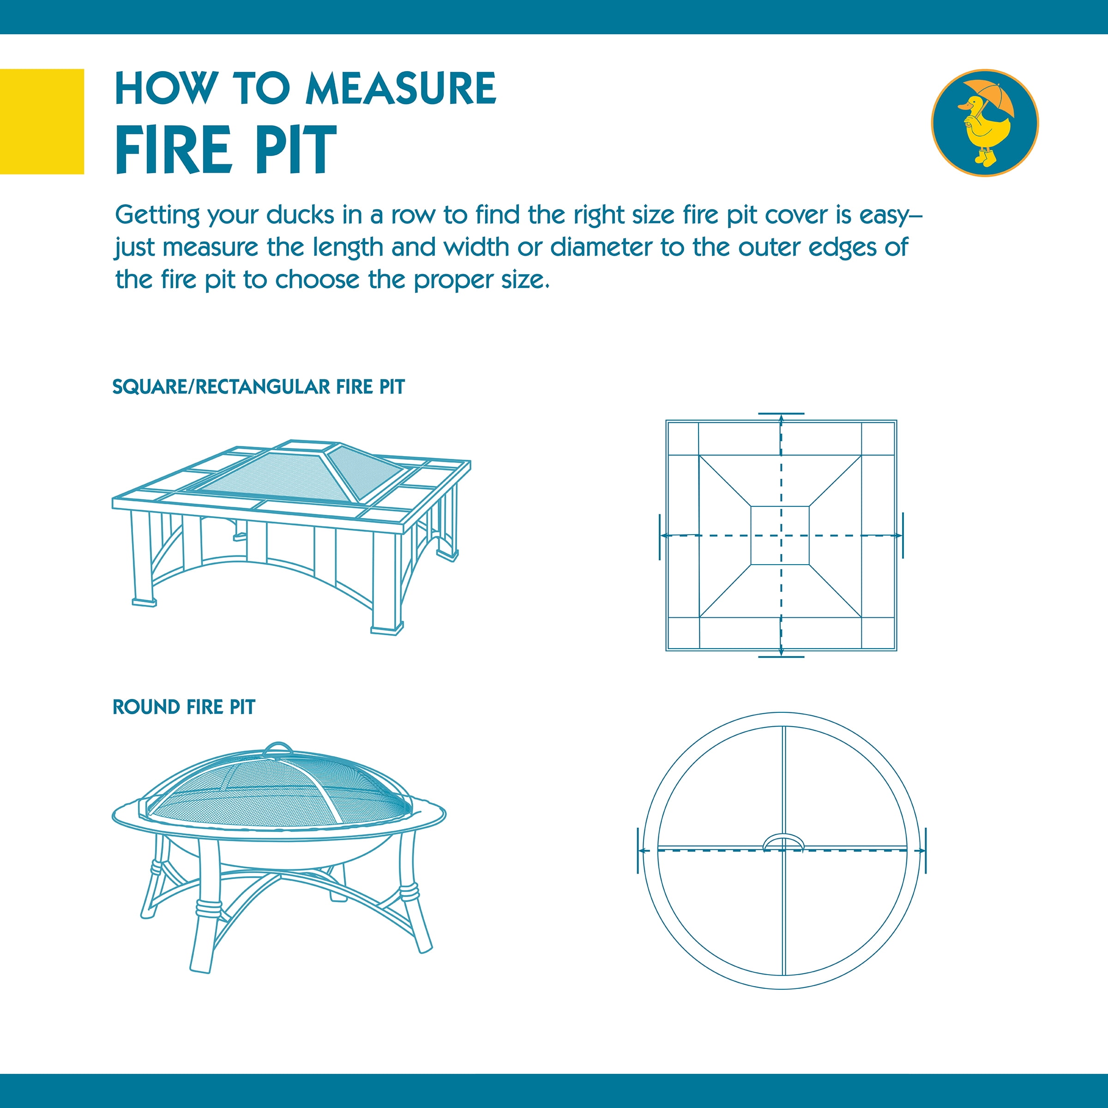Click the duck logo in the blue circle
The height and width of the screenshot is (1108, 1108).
(984, 123)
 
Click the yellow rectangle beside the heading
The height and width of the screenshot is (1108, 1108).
(42, 121)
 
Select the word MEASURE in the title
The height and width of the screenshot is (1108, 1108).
(400, 89)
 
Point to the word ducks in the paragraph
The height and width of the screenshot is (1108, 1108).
(300, 215)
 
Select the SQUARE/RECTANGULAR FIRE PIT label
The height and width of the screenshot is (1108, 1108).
(258, 387)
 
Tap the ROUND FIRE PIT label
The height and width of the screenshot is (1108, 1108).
(184, 707)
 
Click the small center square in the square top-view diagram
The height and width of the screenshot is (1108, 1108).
(780, 535)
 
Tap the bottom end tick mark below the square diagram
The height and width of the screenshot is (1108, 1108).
(781, 656)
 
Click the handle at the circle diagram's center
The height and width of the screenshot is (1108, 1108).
(783, 841)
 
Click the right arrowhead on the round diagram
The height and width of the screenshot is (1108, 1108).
(921, 851)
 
